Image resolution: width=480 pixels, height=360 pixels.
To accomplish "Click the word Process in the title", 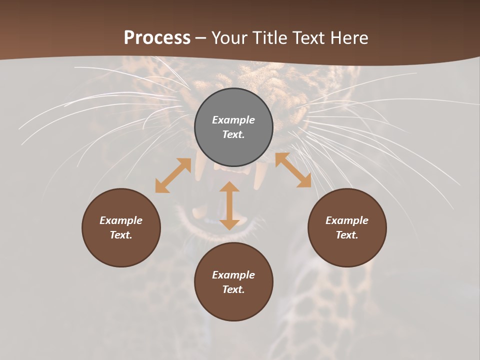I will [157, 38].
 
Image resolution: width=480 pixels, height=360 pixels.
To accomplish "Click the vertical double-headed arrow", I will [229, 205].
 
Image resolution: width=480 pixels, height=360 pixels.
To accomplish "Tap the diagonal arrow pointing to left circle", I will [173, 175].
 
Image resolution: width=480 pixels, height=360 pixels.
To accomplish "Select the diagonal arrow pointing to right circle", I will [293, 170].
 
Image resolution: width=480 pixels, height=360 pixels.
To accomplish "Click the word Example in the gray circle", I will [233, 120].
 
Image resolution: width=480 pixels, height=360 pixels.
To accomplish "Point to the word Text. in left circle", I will [121, 235].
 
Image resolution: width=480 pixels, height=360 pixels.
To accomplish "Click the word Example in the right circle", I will [347, 220].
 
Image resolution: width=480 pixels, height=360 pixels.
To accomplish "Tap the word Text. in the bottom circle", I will [233, 289].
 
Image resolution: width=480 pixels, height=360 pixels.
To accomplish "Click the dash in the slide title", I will [201, 38].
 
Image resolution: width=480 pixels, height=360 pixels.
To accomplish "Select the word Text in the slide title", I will [307, 38].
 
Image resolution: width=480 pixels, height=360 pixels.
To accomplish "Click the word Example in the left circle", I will [121, 220].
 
